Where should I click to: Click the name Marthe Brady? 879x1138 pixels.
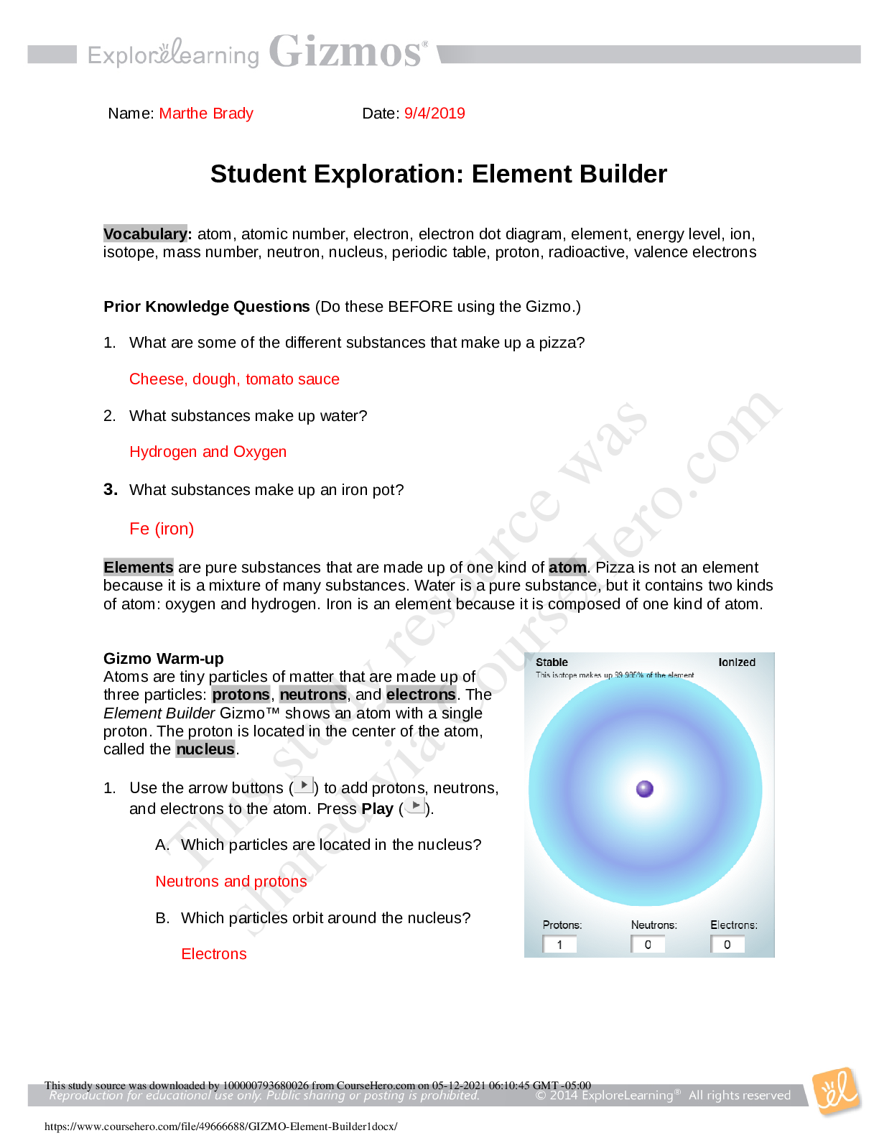[x=206, y=114]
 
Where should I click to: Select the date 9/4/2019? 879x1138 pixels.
[x=434, y=114]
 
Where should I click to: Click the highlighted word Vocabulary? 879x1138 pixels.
[x=145, y=233]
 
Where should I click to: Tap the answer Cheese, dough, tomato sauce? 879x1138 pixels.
[x=234, y=379]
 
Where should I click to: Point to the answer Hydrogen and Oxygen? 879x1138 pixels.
[x=208, y=452]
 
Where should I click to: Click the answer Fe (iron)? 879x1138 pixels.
[x=162, y=529]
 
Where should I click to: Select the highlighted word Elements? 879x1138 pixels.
[x=139, y=567]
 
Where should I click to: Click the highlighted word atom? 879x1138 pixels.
[x=567, y=567]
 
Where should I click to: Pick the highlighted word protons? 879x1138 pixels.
[x=241, y=694]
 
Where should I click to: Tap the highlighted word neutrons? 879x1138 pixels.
[x=313, y=694]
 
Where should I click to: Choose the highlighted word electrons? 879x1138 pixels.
[x=421, y=694]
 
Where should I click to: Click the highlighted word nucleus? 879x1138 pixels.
[x=205, y=749]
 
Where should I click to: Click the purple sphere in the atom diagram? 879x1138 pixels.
[x=645, y=789]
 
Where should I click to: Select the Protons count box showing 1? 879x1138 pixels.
[x=559, y=945]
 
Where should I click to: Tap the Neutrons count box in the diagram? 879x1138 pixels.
[x=648, y=945]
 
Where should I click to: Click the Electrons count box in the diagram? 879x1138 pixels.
[x=727, y=945]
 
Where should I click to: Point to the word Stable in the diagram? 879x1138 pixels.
[x=552, y=662]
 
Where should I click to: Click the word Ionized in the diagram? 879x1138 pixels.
[x=737, y=662]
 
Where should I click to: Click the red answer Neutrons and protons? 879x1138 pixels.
[x=231, y=882]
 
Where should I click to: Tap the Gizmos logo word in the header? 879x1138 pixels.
[x=345, y=52]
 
